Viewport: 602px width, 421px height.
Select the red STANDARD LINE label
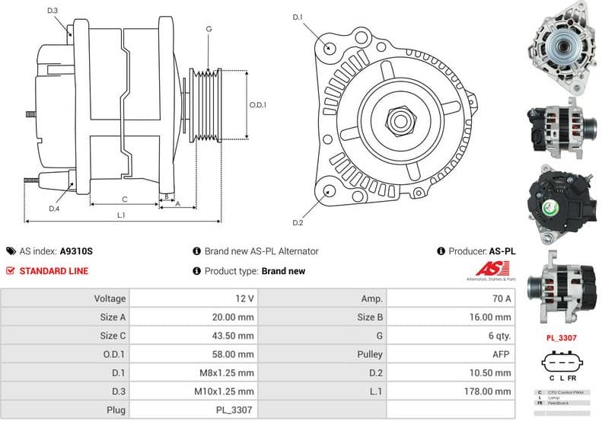(53, 271)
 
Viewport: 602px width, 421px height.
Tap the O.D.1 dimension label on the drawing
(258, 105)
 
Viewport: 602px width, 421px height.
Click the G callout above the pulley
(209, 29)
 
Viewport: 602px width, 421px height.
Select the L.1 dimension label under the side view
(121, 215)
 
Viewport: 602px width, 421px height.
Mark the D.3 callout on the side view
(52, 11)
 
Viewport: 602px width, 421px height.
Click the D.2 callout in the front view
(298, 222)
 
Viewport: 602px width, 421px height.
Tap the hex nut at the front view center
(397, 120)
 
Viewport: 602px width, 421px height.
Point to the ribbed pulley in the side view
(205, 105)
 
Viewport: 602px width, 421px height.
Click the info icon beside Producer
(441, 251)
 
